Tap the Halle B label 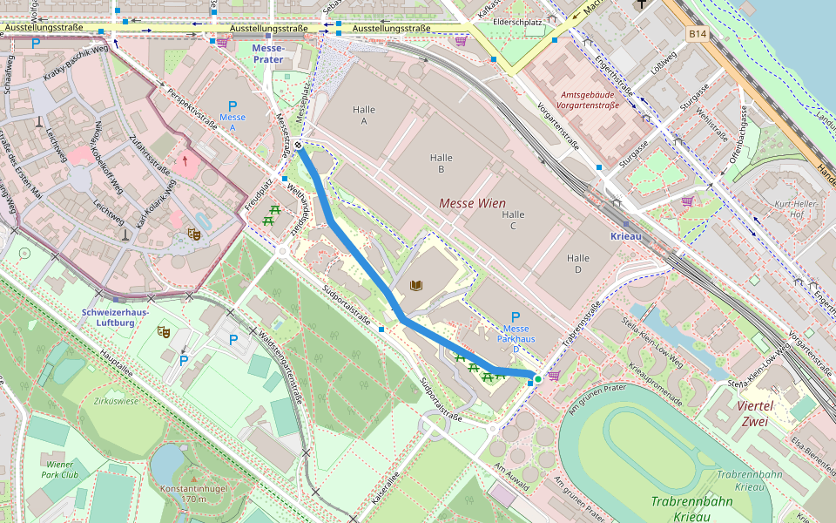pos(442,163)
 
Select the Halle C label pos(513,220)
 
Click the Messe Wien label pos(472,203)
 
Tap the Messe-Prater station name pos(268,53)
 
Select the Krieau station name pos(625,236)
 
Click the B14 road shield pos(696,34)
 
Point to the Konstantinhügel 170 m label pos(183,493)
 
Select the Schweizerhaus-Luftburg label pos(115,316)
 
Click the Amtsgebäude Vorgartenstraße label pos(590,99)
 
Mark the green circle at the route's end pos(538,378)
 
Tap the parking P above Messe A pos(233,105)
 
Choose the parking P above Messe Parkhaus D pos(515,317)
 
